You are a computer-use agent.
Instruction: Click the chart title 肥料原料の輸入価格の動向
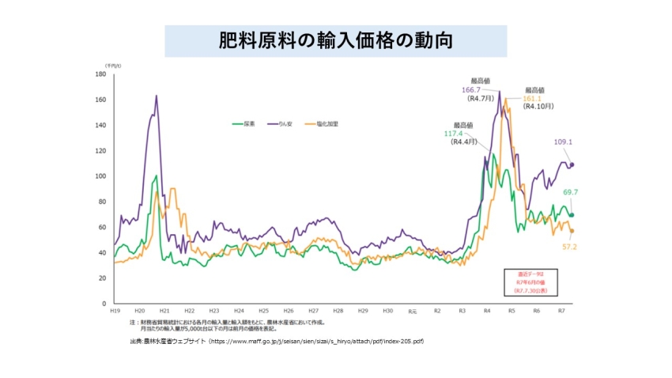[335, 41]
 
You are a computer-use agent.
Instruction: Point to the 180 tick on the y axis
[100, 74]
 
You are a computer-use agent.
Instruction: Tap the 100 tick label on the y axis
[100, 176]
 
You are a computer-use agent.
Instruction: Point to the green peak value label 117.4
[453, 134]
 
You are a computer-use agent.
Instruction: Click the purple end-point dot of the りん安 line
[572, 164]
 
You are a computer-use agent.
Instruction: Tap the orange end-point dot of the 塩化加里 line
[572, 231]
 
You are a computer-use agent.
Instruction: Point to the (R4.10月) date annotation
[538, 106]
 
